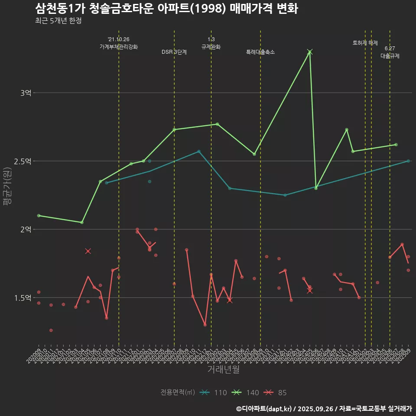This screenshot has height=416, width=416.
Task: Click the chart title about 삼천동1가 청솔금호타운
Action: click(x=166, y=9)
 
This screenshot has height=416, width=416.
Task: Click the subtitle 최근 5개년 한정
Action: click(x=58, y=21)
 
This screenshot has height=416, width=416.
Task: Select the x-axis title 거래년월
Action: click(x=223, y=370)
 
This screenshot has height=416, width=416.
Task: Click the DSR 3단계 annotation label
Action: click(x=174, y=52)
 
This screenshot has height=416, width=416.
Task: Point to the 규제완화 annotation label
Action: click(x=211, y=47)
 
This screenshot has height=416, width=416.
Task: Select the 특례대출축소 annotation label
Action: click(x=260, y=52)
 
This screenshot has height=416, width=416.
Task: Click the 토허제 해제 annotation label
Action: click(x=365, y=43)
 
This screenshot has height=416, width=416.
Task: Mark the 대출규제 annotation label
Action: click(x=390, y=56)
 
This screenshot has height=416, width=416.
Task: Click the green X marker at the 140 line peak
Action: click(x=309, y=52)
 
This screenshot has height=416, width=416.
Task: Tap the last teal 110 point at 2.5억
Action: click(x=408, y=161)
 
